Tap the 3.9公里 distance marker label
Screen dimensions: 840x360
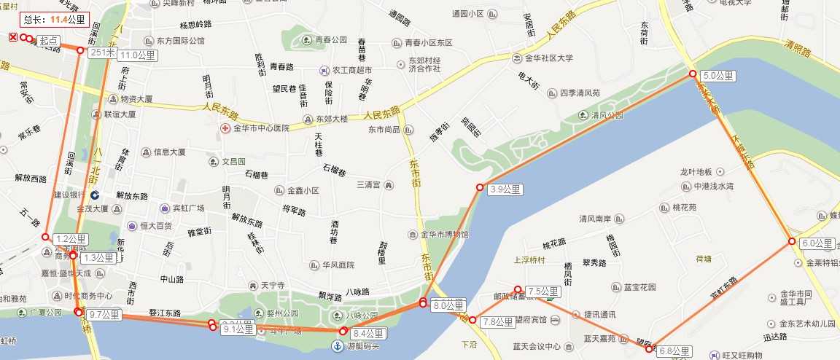(x=505, y=189)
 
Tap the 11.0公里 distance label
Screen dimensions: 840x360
(x=139, y=55)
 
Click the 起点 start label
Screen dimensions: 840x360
(x=49, y=42)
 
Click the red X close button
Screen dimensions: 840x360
(x=13, y=37)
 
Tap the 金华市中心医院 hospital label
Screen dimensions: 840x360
(x=260, y=128)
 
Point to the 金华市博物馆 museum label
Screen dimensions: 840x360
(x=444, y=235)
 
